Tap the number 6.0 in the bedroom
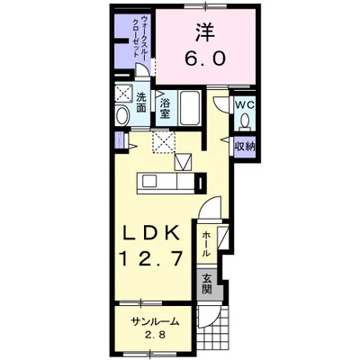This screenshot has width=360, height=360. (x=205, y=58)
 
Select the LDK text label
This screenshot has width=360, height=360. (x=151, y=232)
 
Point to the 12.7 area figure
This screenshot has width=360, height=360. (x=151, y=258)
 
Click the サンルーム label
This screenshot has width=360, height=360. (x=155, y=322)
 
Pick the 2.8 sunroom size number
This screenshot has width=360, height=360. (x=156, y=335)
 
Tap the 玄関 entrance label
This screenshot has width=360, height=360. (x=207, y=284)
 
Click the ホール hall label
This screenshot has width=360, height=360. (x=205, y=244)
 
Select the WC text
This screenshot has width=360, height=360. (x=245, y=105)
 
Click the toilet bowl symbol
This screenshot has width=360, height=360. (x=245, y=121)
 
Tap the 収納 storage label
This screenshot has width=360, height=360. (x=245, y=147)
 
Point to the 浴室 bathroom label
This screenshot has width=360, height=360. (x=165, y=108)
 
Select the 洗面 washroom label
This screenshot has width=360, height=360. (x=141, y=103)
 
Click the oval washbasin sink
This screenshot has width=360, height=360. (x=122, y=116)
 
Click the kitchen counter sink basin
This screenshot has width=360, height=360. (x=148, y=181)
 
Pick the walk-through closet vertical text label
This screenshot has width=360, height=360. (x=141, y=35)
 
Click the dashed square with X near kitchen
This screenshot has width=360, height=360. (x=164, y=142)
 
